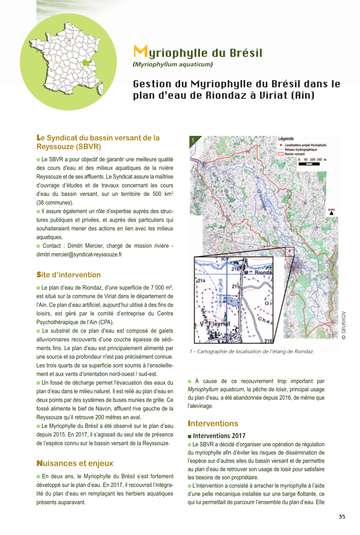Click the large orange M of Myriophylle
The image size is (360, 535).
(x=140, y=51)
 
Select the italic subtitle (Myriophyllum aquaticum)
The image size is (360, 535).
(x=173, y=65)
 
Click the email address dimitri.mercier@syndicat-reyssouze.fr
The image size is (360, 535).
(x=79, y=254)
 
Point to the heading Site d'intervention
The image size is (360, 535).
(x=69, y=275)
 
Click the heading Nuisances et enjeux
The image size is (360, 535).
(x=75, y=464)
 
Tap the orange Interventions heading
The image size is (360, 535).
(x=213, y=424)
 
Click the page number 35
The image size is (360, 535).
(x=342, y=517)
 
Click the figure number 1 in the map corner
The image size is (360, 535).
(x=193, y=140)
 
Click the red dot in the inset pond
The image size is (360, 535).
(x=231, y=301)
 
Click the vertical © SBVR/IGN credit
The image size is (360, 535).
(x=344, y=325)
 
